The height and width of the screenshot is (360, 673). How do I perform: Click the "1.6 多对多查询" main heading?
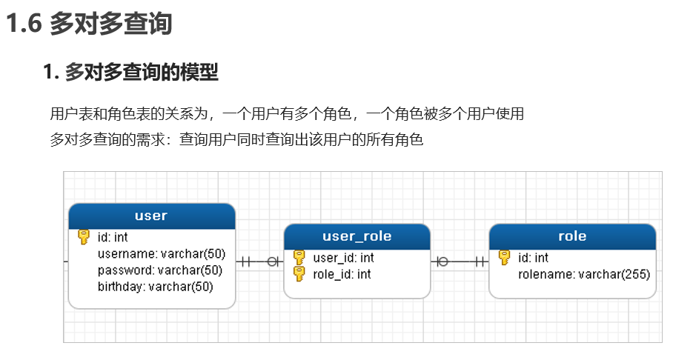[x=89, y=23]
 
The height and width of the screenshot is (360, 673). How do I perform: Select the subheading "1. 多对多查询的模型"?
[x=131, y=72]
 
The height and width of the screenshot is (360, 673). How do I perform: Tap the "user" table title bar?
[x=151, y=216]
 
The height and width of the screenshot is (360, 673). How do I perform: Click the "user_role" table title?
[x=357, y=236]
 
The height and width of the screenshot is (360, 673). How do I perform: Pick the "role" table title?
[x=572, y=236]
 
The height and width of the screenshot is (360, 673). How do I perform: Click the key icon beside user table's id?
[x=84, y=237]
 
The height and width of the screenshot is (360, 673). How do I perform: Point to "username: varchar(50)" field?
[x=162, y=253]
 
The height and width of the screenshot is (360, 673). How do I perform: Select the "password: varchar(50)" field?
[x=159, y=270]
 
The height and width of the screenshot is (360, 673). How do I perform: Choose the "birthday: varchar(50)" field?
[x=156, y=287]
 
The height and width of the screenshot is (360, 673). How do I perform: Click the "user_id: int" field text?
[x=343, y=258]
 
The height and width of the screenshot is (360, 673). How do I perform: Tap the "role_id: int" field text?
[x=342, y=274]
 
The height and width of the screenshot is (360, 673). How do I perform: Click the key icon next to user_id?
[x=299, y=258]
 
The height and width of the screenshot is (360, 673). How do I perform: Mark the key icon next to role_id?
[x=299, y=274]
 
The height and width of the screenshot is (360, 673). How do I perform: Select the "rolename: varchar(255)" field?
[x=584, y=274]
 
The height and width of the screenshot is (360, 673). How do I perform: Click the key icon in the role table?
[x=504, y=258]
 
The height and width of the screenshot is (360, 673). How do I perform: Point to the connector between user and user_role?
[x=259, y=261]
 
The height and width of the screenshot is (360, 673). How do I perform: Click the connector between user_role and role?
[x=460, y=261]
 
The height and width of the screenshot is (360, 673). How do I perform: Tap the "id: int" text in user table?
[x=113, y=237]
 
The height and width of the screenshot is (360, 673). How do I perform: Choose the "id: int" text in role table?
[x=533, y=258]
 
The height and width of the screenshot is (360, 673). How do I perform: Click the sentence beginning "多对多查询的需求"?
[x=237, y=139]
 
